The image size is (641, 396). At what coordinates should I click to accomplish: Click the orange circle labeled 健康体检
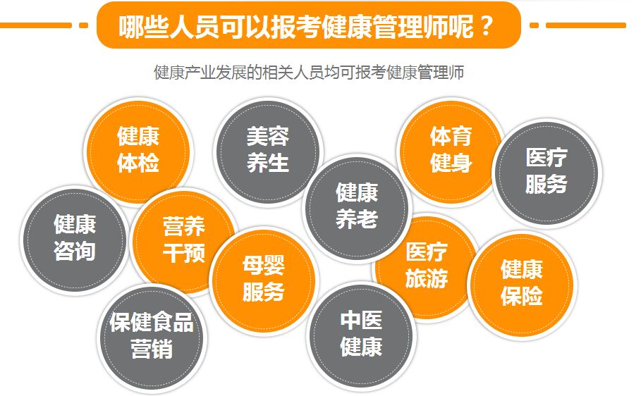pyautogui.click(x=138, y=149)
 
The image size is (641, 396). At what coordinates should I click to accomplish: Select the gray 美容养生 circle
pyautogui.click(x=267, y=149)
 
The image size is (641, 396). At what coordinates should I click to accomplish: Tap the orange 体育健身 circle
pyautogui.click(x=450, y=149)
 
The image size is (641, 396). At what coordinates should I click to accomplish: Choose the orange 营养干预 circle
pyautogui.click(x=183, y=240)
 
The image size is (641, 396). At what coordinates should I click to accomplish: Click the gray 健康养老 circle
pyautogui.click(x=356, y=206)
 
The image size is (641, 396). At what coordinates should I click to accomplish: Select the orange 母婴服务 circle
pyautogui.click(x=263, y=278)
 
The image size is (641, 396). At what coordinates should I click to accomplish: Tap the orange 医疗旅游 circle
pyautogui.click(x=426, y=266)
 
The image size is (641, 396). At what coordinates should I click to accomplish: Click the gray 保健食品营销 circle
pyautogui.click(x=152, y=336)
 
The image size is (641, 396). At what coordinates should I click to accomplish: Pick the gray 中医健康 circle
pyautogui.click(x=361, y=334)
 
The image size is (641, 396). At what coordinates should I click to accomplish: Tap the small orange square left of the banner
pyautogui.click(x=84, y=25)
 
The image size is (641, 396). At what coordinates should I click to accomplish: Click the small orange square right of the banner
pyautogui.click(x=534, y=25)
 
